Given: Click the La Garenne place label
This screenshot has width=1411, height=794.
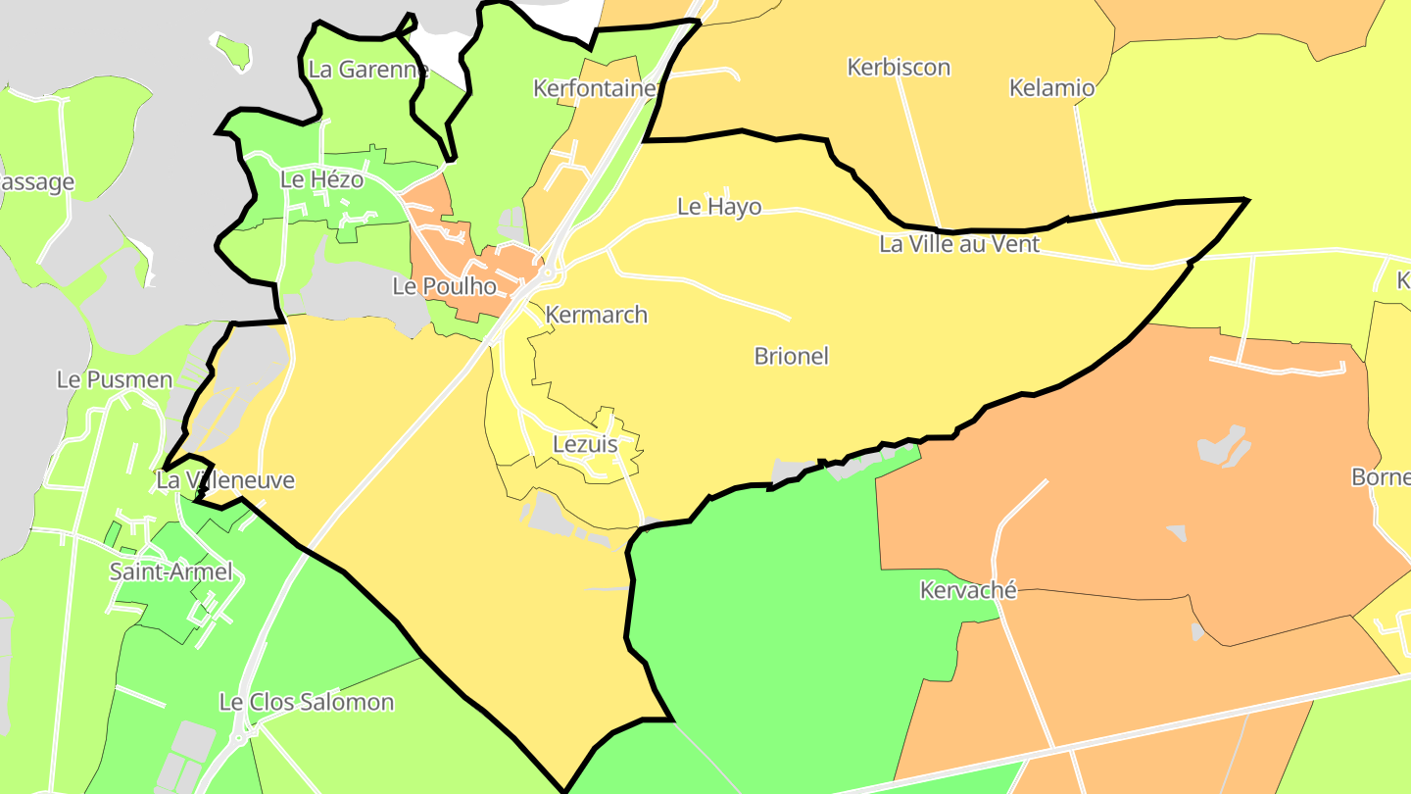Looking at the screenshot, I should click(368, 70).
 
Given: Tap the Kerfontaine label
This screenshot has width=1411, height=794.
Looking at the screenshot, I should click(595, 89).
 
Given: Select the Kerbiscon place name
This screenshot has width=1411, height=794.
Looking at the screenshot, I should click(899, 68).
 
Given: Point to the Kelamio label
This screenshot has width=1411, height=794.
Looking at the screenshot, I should click(1051, 88).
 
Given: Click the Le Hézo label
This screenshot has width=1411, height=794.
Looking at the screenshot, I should click(321, 180).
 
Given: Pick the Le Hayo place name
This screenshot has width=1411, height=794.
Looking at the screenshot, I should click(719, 207).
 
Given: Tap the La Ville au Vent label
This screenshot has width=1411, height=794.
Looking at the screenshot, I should click(959, 244).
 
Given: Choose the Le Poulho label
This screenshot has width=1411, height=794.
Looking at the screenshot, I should click(444, 287).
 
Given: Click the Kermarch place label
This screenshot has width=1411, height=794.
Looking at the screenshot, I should click(597, 315).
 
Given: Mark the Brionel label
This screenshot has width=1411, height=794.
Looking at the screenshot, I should click(791, 356).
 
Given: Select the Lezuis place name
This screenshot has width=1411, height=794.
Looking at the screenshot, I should click(585, 444).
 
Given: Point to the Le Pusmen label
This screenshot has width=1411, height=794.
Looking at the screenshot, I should click(115, 379).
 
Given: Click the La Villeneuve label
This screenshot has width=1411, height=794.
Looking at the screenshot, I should click(225, 481).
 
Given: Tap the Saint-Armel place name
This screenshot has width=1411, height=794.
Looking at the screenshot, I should click(171, 571).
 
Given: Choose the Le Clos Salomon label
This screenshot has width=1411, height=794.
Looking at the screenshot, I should click(306, 702).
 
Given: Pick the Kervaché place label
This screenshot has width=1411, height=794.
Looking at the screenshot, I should click(968, 590).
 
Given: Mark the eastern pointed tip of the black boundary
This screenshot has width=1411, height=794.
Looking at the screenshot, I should click(1246, 200).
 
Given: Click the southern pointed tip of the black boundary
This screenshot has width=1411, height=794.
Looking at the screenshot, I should click(564, 790).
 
